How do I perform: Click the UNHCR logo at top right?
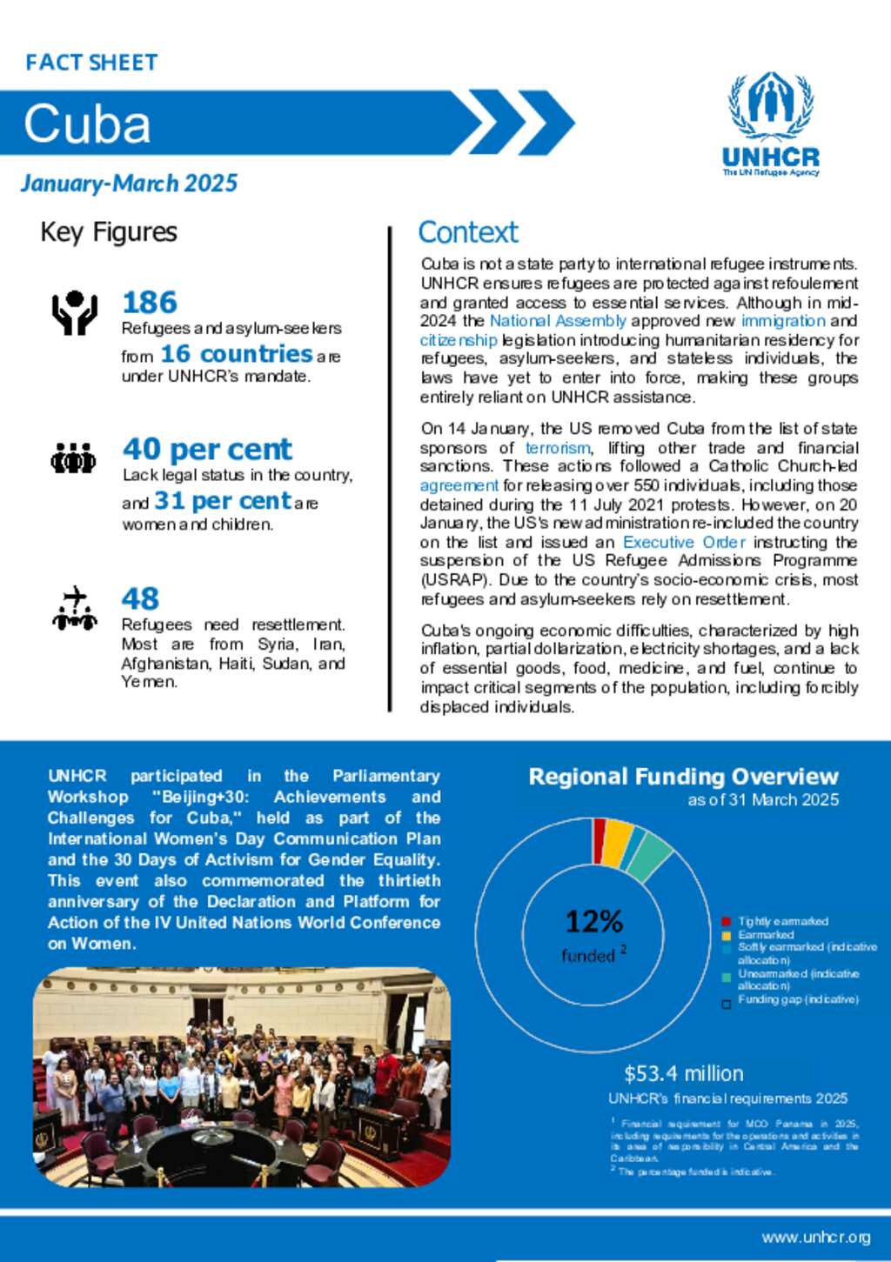[771, 124]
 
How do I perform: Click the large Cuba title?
[87, 124]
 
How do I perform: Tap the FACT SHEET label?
[91, 63]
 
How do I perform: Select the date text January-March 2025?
[129, 184]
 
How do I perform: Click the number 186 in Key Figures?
[150, 303]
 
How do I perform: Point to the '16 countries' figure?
[236, 354]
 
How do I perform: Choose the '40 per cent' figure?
[207, 449]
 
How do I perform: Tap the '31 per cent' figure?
[223, 501]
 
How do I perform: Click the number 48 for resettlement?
[140, 598]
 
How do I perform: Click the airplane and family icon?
[75, 608]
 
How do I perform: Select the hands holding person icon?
[75, 312]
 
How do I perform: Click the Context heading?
[468, 232]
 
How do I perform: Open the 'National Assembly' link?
[558, 321]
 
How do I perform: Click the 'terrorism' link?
[558, 448]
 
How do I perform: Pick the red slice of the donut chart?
[600, 829]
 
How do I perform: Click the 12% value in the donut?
[593, 921]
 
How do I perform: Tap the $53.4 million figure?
[684, 1073]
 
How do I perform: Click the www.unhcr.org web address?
[815, 1238]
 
